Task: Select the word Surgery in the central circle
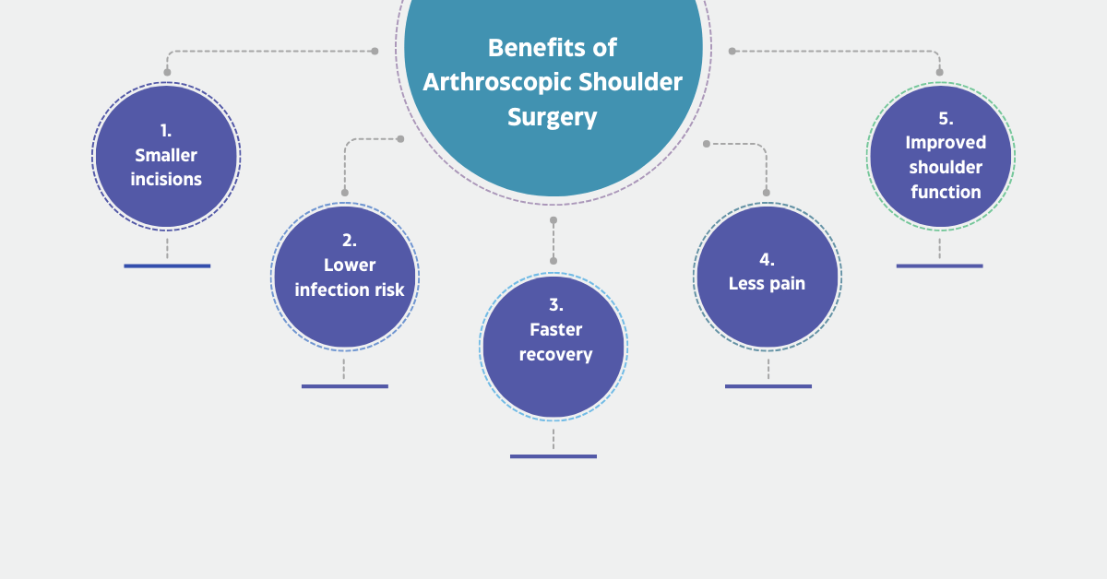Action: coord(553,117)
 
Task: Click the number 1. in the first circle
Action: coord(166,131)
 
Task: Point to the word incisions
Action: coord(166,179)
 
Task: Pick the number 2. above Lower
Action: coord(349,241)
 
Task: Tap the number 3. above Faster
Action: coord(555,305)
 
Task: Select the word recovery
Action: coord(555,354)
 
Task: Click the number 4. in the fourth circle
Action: coord(767,259)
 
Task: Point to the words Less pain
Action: coord(767,283)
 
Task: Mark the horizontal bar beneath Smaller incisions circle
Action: coord(167,266)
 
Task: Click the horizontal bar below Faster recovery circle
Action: coord(553,455)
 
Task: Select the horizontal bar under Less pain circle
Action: coord(768,385)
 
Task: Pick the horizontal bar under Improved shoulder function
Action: coord(939,266)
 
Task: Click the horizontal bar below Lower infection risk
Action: coord(345,385)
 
